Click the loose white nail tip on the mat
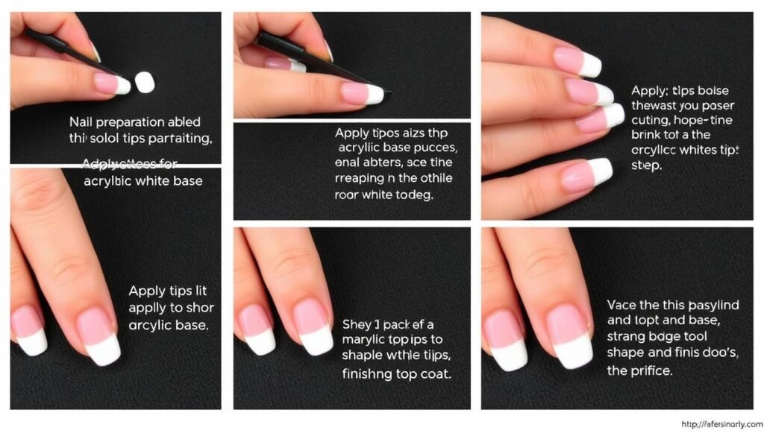(x=145, y=82)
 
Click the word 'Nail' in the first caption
(x=81, y=121)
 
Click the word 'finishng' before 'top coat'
(x=370, y=373)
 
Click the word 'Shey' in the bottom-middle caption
(x=357, y=324)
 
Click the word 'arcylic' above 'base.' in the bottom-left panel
(x=154, y=325)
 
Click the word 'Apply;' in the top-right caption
(x=650, y=90)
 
